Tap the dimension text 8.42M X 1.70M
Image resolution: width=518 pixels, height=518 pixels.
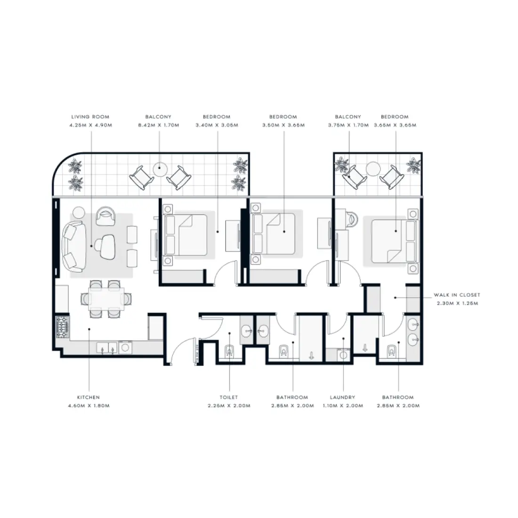tap(158, 126)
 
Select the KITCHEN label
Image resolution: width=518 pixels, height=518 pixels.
tap(89, 397)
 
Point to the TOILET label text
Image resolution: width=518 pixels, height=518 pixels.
tap(228, 397)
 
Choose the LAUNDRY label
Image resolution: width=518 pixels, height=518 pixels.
tap(343, 397)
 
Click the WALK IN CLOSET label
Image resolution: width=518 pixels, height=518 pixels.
tap(457, 295)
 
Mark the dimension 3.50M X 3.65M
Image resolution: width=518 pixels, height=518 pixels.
tap(283, 126)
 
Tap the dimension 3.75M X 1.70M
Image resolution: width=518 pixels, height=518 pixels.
tap(348, 126)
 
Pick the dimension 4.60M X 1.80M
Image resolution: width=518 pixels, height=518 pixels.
tap(89, 406)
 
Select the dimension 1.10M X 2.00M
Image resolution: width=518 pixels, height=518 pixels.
tap(343, 406)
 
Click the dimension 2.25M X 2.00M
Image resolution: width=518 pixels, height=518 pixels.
tap(228, 406)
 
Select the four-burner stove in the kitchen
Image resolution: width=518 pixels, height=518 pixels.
tap(62, 326)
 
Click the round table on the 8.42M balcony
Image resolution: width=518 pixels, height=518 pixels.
tap(160, 168)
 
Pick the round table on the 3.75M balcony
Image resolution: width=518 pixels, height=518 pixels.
tap(373, 168)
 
